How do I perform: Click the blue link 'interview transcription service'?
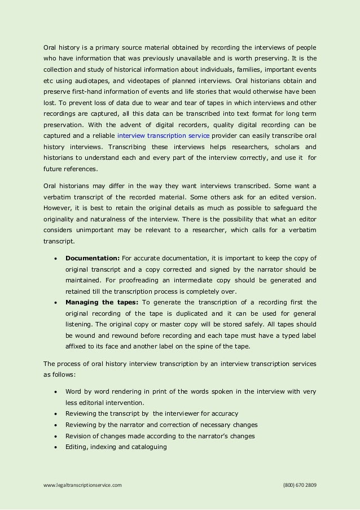(x=163, y=137)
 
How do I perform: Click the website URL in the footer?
(x=82, y=485)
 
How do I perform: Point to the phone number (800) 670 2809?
(x=299, y=485)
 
